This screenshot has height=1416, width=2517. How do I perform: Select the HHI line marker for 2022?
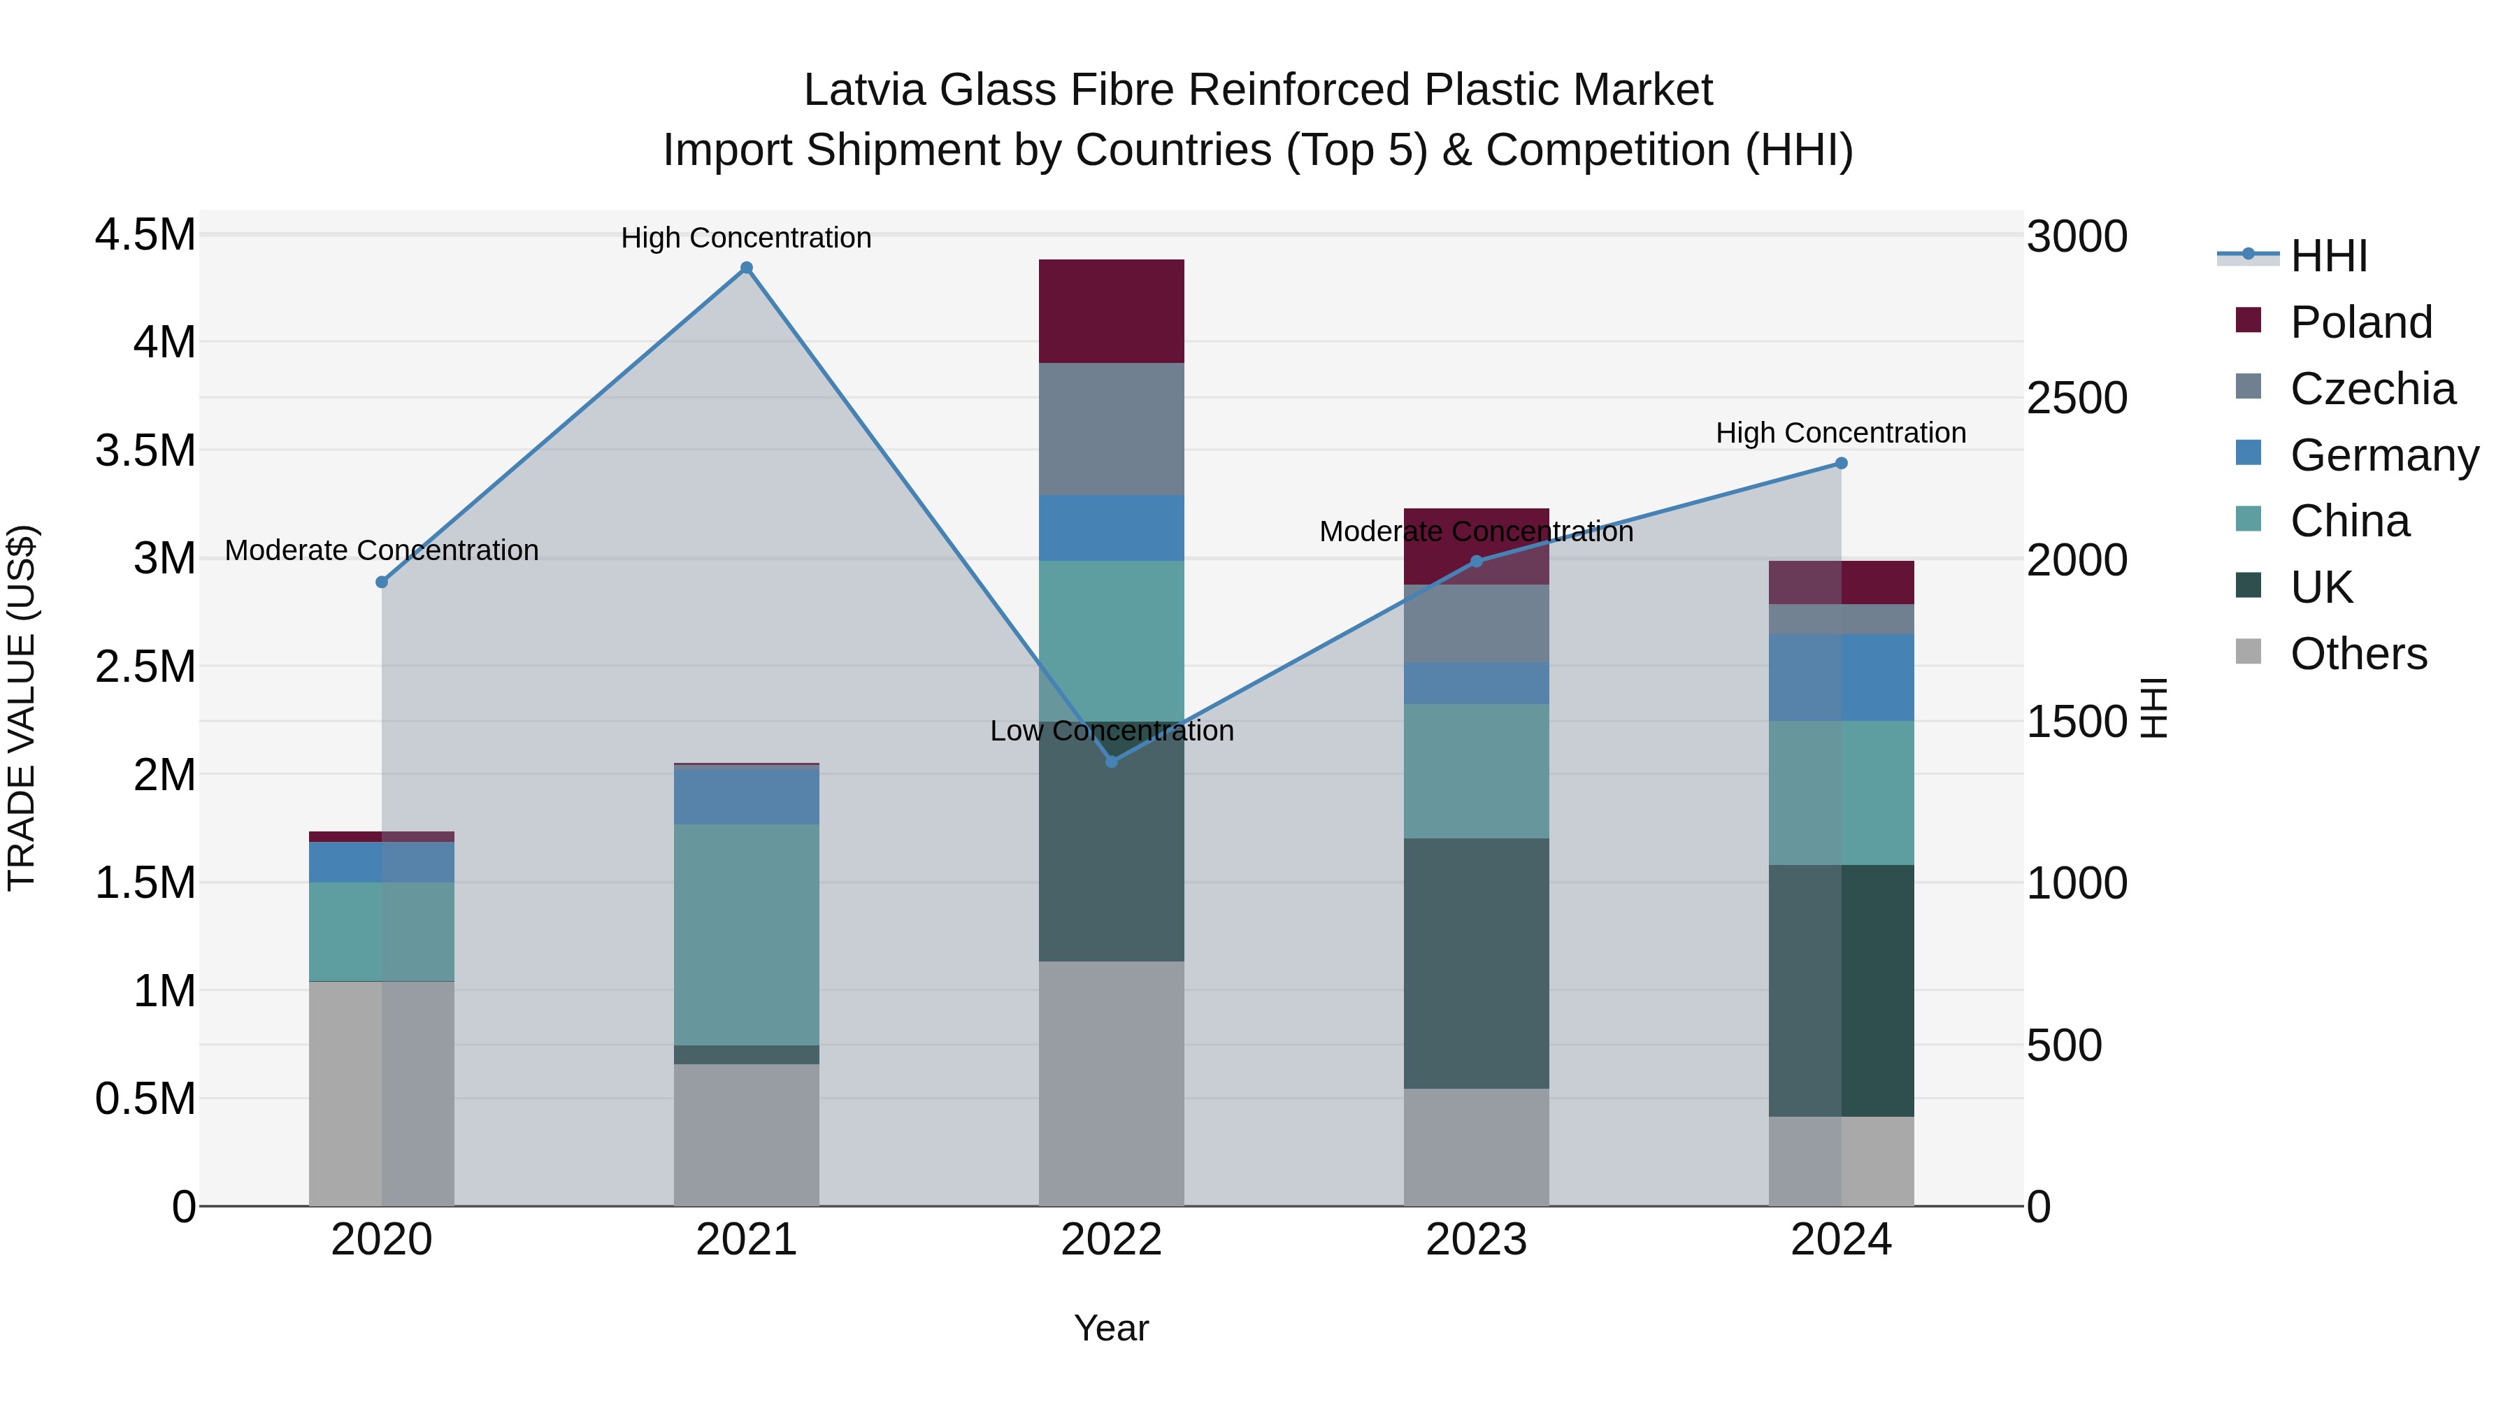pos(1111,761)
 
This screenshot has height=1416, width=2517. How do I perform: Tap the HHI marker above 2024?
pos(1841,463)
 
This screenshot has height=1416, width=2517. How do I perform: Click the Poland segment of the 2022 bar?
pos(1111,310)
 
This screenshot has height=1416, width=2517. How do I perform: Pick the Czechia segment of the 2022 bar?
pos(1111,429)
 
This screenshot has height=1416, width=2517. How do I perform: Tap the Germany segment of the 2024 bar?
pos(1841,677)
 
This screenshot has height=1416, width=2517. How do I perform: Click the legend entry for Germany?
pos(2383,455)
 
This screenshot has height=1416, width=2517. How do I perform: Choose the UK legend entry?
pos(2321,587)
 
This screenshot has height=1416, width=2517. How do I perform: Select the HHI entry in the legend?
pos(2328,256)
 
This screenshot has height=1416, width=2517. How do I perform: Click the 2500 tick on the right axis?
pos(2077,398)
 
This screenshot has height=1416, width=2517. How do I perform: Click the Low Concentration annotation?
pos(1111,731)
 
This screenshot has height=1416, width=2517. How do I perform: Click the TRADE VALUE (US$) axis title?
pos(22,708)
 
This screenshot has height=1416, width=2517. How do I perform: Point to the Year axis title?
pos(1111,1328)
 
